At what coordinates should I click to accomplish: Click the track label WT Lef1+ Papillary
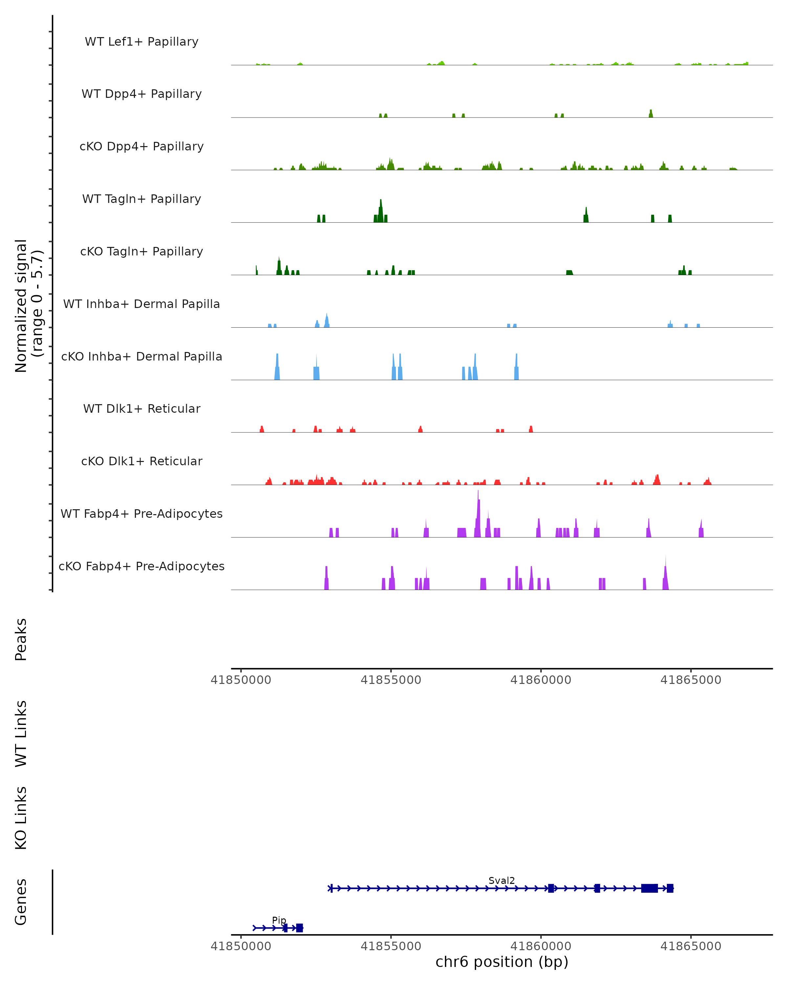click(142, 42)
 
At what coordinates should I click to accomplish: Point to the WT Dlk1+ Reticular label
click(142, 408)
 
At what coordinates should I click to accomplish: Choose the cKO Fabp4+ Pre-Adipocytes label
click(142, 566)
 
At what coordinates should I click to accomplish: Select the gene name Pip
click(279, 920)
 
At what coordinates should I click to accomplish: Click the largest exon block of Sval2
click(649, 888)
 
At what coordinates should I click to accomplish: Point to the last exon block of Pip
click(299, 928)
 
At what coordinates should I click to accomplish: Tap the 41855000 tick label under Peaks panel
click(391, 680)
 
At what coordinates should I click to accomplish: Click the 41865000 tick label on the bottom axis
click(691, 946)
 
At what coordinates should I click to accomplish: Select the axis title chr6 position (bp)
click(502, 962)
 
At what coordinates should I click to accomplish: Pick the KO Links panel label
click(21, 818)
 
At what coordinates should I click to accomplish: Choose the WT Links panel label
click(21, 734)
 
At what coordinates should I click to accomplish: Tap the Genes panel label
click(21, 902)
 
